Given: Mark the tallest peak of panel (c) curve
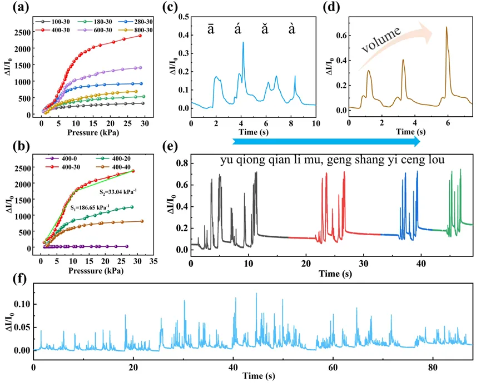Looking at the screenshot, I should click(243, 43).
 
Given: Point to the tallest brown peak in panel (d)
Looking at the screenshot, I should click(446, 27).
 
